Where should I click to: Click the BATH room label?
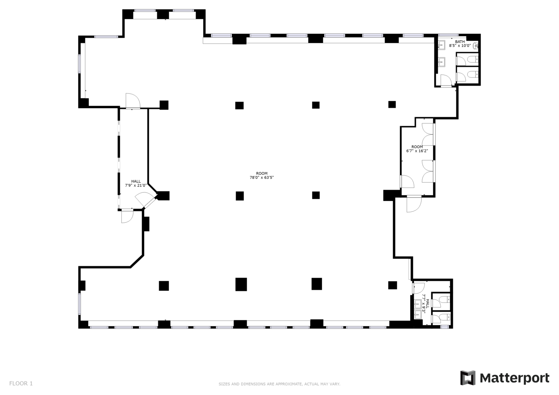click(460, 41)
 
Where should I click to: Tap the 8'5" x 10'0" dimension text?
click(460, 46)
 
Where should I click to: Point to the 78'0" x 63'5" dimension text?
click(262, 177)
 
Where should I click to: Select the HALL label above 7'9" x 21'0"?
click(136, 181)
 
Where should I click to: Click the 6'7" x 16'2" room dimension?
click(417, 151)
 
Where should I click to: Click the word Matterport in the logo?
click(514, 378)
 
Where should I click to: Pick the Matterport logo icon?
click(468, 378)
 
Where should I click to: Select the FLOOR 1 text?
click(21, 383)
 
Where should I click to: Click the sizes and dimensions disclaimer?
click(279, 384)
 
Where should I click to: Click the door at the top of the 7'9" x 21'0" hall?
click(133, 101)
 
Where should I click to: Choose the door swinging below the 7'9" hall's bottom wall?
click(127, 216)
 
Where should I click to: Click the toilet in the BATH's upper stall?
click(473, 60)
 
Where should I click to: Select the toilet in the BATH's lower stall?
click(473, 74)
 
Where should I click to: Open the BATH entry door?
click(446, 81)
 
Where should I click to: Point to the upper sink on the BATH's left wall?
click(442, 45)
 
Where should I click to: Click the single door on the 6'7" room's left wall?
click(407, 181)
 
